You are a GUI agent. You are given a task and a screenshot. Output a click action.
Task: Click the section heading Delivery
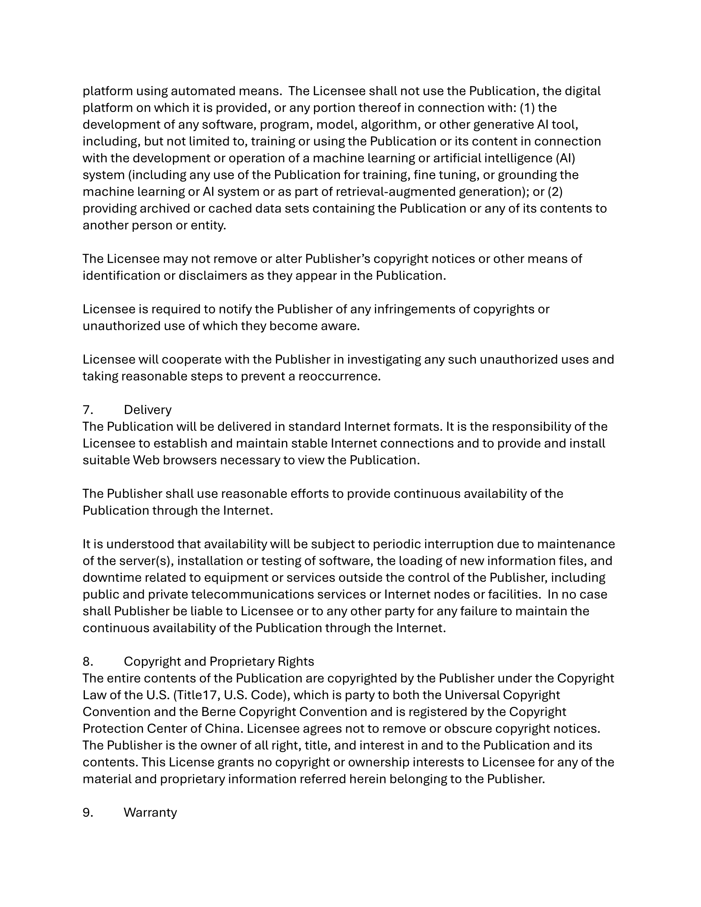coord(147,410)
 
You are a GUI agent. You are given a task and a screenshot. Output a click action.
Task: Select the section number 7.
coord(87,410)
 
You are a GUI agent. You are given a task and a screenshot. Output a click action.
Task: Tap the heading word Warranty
coord(150,812)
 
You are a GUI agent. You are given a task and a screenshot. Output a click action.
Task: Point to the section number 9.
coord(87,812)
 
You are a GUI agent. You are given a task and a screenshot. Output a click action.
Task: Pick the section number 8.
coord(87,661)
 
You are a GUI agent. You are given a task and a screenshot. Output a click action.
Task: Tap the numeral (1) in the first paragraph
coord(527,108)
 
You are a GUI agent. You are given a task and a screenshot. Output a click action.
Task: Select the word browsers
coord(189,460)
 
